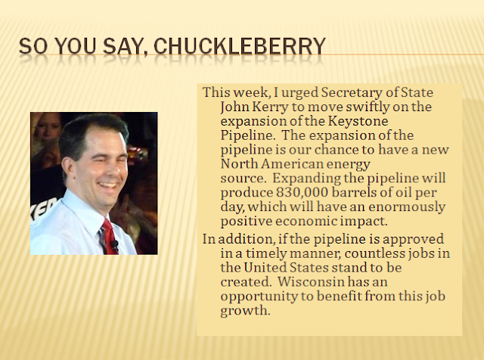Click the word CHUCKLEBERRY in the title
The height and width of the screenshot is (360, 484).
click(x=240, y=46)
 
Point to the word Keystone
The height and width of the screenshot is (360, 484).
click(x=358, y=121)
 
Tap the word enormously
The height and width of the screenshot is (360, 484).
click(x=407, y=207)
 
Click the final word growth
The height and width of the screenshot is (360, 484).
click(x=245, y=311)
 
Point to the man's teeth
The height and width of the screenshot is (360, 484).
click(x=108, y=185)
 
